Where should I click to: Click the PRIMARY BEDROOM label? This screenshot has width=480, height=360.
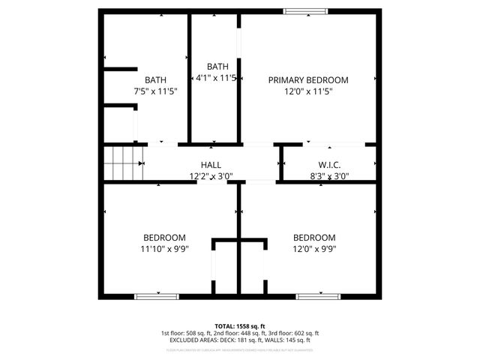[308, 79]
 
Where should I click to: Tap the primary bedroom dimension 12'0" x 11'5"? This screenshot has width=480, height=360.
[308, 91]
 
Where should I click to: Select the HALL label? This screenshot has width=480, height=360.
[211, 165]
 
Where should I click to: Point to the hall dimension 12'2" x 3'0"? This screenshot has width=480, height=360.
[211, 177]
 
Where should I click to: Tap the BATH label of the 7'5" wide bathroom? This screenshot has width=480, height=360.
[156, 79]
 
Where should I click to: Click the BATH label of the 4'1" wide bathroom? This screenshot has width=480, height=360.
[217, 66]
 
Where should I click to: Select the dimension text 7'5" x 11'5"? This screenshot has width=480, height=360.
[156, 91]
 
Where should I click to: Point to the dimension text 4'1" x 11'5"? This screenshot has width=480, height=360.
[216, 78]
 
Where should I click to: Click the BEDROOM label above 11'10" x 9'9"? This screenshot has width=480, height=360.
[164, 237]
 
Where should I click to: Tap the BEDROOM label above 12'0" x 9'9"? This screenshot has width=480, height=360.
[314, 237]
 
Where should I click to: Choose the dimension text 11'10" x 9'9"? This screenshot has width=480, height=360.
[164, 249]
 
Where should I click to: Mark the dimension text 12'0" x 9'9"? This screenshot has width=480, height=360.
[314, 249]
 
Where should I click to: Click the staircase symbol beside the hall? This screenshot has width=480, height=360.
[122, 163]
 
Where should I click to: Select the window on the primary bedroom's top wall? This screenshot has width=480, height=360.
[305, 10]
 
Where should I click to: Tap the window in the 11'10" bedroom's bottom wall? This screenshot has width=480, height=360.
[157, 297]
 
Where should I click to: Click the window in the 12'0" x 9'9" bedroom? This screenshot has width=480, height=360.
[319, 297]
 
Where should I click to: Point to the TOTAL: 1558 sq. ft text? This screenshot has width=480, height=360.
[240, 326]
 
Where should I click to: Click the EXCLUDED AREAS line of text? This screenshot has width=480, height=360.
[240, 340]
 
